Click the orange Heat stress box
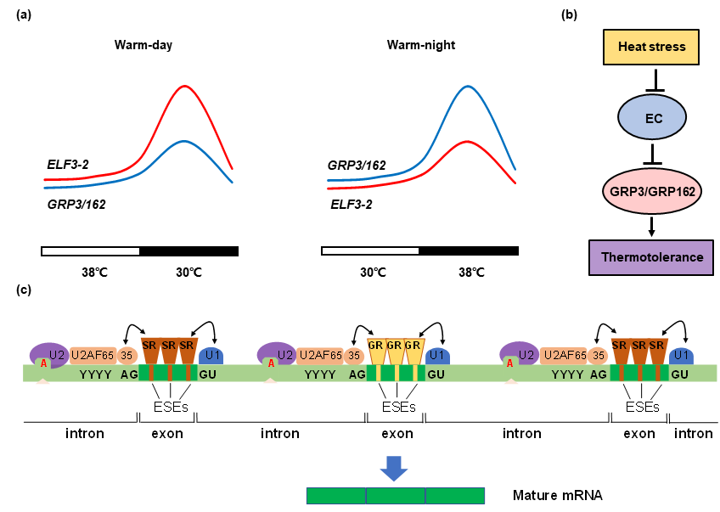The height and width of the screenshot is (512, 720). tap(651, 47)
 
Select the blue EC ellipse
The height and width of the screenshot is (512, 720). tap(653, 117)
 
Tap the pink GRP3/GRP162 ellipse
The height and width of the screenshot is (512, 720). tap(652, 192)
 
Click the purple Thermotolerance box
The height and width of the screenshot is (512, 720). tap(651, 257)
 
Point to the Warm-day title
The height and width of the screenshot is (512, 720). tap(143, 45)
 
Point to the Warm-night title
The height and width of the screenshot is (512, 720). tap(421, 45)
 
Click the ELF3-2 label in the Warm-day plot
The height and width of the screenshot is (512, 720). tap(68, 164)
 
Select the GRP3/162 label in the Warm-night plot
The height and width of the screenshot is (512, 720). tap(357, 165)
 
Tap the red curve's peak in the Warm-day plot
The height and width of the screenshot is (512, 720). tap(185, 86)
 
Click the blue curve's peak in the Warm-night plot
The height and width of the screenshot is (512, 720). tap(466, 86)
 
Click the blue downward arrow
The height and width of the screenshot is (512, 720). tap(394, 468)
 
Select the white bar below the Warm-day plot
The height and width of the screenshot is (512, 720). tap(90, 250)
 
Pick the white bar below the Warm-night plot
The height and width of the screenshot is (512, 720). tap(370, 250)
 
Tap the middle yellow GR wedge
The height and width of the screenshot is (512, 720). tap(395, 348)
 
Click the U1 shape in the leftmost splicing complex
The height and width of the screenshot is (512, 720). tap(211, 355)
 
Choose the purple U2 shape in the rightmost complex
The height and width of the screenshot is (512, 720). tap(520, 354)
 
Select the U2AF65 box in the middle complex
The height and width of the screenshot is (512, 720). tap(323, 355)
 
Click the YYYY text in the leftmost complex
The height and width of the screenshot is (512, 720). tap(95, 374)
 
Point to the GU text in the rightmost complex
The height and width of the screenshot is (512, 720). tap(680, 374)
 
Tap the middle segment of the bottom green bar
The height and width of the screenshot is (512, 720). tap(396, 496)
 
